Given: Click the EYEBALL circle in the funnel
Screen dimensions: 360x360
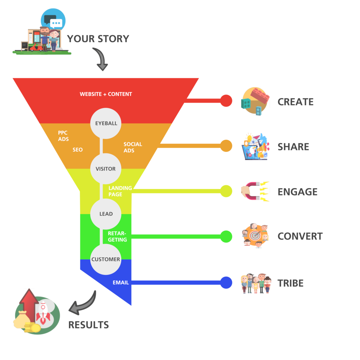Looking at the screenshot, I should pos(106,123).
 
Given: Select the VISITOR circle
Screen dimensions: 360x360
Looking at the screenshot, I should pos(105,169).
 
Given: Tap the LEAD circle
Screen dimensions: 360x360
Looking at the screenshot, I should pos(106,214).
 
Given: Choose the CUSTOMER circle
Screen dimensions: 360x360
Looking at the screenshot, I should pos(105,259).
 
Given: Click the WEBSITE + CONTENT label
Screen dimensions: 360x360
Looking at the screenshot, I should pos(106,94).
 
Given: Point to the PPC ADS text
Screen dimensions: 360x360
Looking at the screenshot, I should pos(63,136).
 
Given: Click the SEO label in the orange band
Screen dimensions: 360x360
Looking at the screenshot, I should pos(78,150).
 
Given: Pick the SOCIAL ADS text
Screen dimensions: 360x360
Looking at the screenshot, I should pos(133,147).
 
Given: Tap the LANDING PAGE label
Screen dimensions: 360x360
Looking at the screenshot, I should pos(120,191).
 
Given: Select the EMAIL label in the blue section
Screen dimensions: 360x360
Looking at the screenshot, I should pos(121,283).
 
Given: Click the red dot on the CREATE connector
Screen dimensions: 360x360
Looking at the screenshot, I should pos(226,101).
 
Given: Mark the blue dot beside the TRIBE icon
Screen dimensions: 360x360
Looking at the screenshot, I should pos(226,283).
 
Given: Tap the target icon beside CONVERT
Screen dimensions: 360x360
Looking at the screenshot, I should pos(256,236).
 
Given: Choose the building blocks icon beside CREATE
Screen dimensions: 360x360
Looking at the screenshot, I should pos(255,101).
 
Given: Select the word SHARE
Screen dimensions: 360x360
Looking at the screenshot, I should pos(293,147).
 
